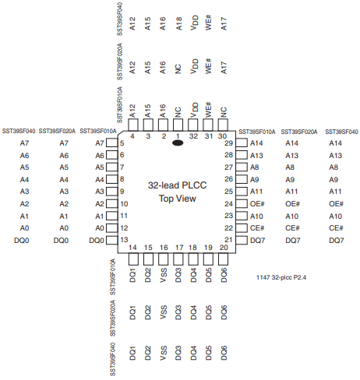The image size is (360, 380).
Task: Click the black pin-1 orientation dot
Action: click(x=178, y=142)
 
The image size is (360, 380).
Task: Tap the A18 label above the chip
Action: click(x=178, y=24)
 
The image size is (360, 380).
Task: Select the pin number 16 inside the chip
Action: click(x=164, y=248)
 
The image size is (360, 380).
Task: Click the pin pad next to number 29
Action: click(x=242, y=142)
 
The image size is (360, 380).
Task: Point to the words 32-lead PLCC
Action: click(x=177, y=185)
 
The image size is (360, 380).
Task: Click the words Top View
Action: click(x=178, y=199)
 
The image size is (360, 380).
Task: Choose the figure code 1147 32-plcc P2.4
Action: click(x=281, y=277)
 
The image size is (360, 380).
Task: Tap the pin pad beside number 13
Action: click(x=112, y=240)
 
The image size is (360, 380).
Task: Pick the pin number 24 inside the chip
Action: click(x=228, y=204)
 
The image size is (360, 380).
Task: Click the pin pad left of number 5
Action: click(x=112, y=142)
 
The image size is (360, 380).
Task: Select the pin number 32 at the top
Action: click(x=193, y=136)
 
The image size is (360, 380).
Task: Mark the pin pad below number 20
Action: click(x=224, y=259)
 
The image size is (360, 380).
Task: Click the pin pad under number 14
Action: click(x=133, y=259)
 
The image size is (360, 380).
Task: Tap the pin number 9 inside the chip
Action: click(x=122, y=192)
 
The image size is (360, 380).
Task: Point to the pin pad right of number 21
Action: click(x=242, y=240)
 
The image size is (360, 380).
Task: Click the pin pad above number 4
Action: click(x=133, y=125)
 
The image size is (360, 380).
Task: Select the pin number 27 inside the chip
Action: click(x=228, y=167)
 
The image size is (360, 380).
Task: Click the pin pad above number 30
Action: click(x=223, y=125)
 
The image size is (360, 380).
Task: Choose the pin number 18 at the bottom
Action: click(x=192, y=248)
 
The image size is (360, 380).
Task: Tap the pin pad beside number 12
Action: click(x=112, y=228)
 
